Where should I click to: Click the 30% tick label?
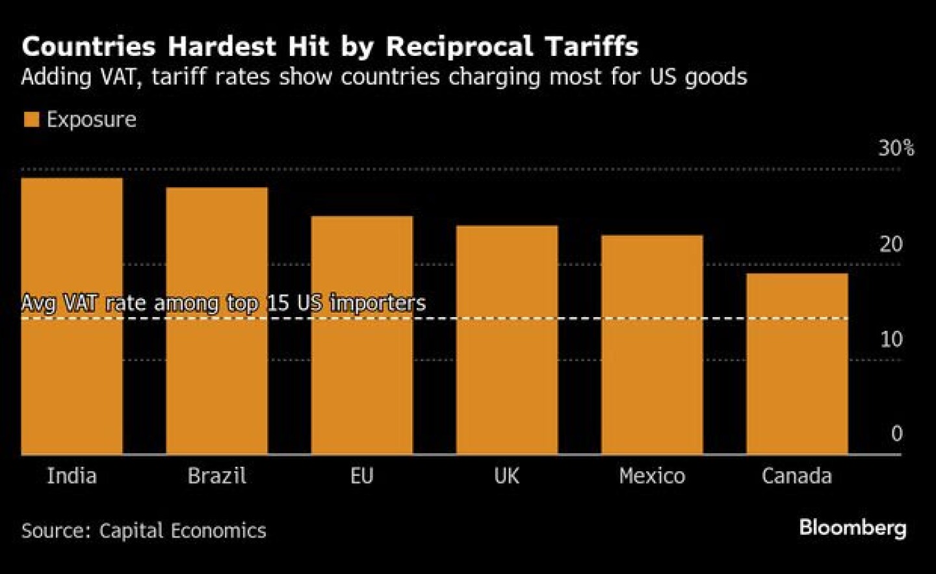[896, 148]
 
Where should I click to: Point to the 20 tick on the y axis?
[890, 244]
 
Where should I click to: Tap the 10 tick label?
[891, 339]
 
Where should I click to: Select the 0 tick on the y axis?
[896, 434]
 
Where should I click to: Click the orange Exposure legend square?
[31, 120]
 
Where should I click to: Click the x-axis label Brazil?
[216, 476]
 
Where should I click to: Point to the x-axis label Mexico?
[652, 476]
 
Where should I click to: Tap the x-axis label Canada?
[797, 476]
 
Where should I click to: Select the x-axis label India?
[71, 476]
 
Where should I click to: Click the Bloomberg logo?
[852, 527]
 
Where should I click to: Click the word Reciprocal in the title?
[460, 47]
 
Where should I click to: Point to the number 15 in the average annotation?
[279, 303]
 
